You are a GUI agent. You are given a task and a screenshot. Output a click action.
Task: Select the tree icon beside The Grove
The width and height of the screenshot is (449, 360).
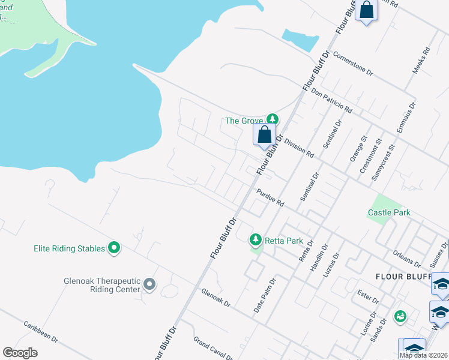tap(273, 120)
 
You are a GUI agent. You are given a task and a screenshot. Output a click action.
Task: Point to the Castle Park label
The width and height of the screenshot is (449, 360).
tap(388, 213)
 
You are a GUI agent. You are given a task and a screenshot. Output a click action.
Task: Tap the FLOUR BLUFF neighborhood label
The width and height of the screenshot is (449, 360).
tap(403, 277)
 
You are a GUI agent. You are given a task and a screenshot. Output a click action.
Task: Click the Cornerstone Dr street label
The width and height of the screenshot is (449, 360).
tap(352, 64)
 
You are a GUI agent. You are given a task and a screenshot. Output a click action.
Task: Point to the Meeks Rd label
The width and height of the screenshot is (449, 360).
tap(421, 61)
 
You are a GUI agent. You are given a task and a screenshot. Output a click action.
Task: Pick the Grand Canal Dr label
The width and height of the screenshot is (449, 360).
tap(212, 349)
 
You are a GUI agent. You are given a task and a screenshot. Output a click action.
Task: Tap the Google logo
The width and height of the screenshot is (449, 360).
tap(20, 353)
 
